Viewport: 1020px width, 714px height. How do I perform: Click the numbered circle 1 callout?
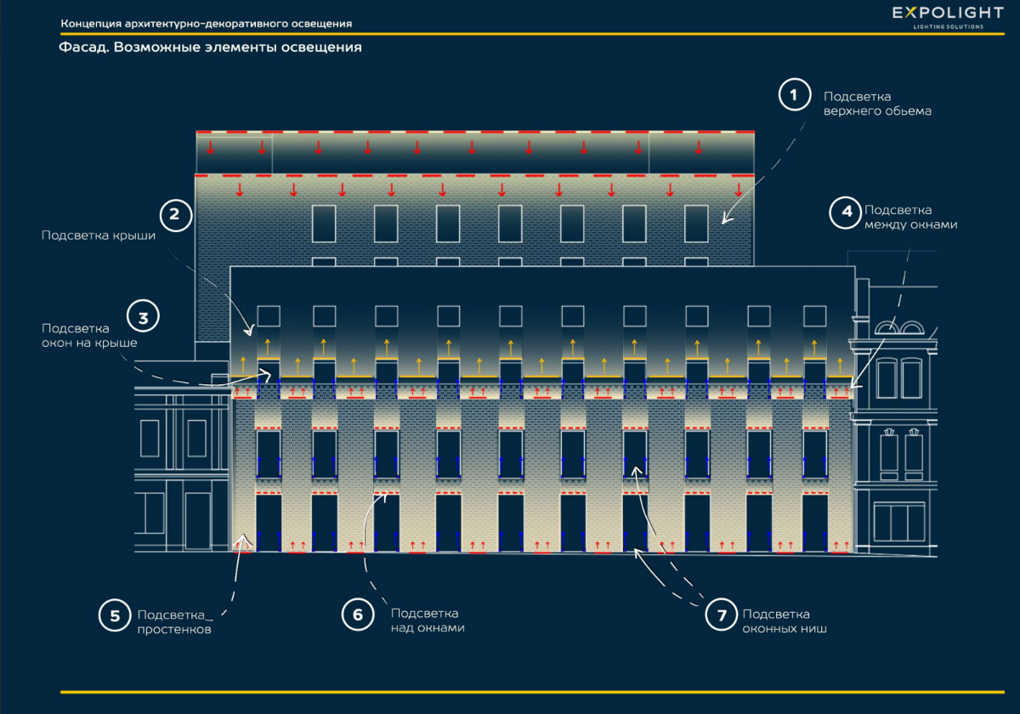point(794,95)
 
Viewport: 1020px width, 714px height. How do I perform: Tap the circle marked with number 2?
point(175,215)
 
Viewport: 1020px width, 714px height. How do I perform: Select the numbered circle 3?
point(143,318)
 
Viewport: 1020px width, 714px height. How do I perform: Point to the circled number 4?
point(847,212)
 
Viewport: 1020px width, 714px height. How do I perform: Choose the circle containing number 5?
point(115,616)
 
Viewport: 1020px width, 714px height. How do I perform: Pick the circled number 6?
point(358,615)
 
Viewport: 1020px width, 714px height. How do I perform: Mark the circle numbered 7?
point(722,616)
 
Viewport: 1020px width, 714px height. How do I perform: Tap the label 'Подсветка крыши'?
point(99,235)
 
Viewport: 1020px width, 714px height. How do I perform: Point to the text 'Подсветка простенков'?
point(174,622)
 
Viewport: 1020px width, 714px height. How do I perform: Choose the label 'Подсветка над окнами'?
point(428,620)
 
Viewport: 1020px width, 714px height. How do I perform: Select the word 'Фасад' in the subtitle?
point(82,48)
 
